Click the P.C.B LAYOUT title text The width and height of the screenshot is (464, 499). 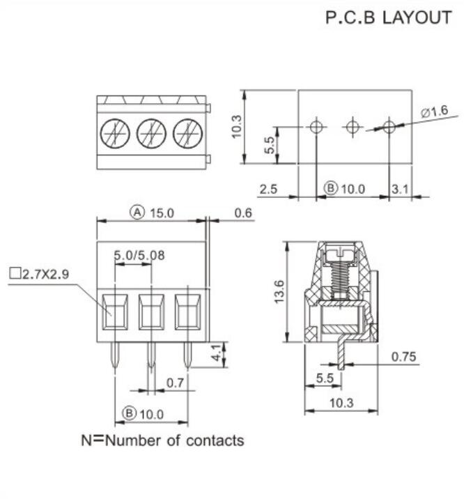click(x=388, y=18)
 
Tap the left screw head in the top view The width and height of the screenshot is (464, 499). click(x=114, y=132)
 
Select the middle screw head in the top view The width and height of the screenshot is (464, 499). click(x=150, y=132)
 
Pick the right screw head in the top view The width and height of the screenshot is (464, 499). click(x=187, y=132)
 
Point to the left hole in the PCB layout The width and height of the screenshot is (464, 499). click(x=316, y=127)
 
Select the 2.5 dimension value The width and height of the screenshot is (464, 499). click(x=269, y=188)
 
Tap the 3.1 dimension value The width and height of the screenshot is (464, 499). click(x=402, y=188)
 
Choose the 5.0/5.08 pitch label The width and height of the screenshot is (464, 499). click(x=139, y=255)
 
